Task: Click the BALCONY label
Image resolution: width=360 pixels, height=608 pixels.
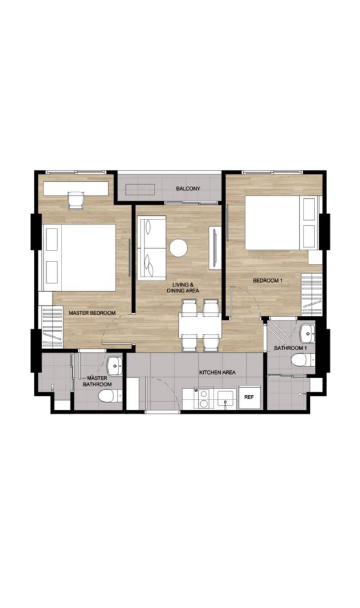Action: [x=188, y=189]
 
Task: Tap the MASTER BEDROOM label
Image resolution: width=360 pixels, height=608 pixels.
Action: [x=92, y=313]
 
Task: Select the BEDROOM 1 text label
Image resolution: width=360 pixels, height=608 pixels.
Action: [x=268, y=280]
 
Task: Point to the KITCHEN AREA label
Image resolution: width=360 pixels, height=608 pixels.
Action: [x=217, y=372]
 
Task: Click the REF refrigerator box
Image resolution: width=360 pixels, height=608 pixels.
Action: [x=249, y=396]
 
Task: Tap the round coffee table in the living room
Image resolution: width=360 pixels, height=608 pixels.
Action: [x=178, y=247]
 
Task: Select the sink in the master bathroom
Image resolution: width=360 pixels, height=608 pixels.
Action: [x=114, y=367]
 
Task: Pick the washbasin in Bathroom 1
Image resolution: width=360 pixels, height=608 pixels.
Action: [x=306, y=333]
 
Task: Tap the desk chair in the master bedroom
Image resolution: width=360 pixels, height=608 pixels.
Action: [x=76, y=200]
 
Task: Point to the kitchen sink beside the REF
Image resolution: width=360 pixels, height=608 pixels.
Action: [x=226, y=398]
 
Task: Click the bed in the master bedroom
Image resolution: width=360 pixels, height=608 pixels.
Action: [x=79, y=257]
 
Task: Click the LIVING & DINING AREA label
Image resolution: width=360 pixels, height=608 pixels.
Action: [x=182, y=288]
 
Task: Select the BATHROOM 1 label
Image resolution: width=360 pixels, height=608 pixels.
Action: [x=289, y=348]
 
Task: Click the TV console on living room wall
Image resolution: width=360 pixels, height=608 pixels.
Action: [x=214, y=247]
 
